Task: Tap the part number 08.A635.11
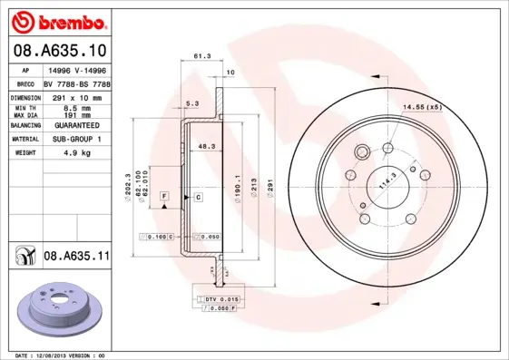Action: [x=76, y=257]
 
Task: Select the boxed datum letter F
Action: [x=165, y=196]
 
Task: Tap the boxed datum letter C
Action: [x=197, y=196]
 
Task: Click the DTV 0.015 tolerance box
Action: [x=220, y=298]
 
